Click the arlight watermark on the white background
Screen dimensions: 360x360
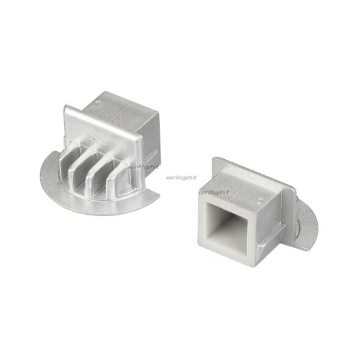pyautogui.click(x=182, y=177)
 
